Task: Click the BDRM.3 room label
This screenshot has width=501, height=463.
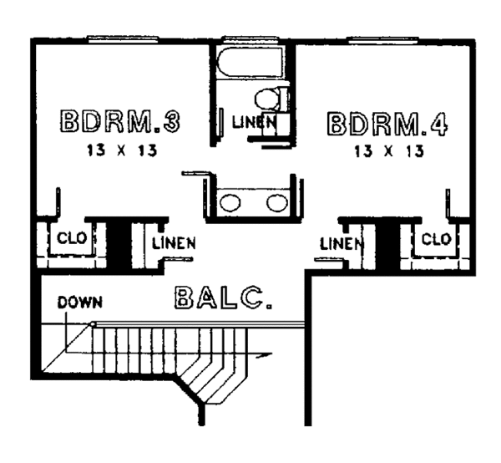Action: click(x=120, y=121)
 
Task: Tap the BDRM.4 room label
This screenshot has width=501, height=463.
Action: click(x=387, y=124)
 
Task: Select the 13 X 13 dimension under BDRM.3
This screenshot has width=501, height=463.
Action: click(x=122, y=150)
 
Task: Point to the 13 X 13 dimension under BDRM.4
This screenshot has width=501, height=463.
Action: click(x=389, y=151)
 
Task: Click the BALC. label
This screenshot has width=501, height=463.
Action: click(x=224, y=298)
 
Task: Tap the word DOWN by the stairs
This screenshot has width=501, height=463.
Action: click(x=80, y=303)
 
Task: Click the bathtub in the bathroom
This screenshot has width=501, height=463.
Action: click(x=250, y=62)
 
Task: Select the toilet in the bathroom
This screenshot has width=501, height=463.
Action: click(x=272, y=99)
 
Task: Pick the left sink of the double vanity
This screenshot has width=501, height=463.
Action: click(x=230, y=203)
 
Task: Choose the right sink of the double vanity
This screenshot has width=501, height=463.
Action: click(x=277, y=203)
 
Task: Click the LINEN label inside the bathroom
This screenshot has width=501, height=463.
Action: click(x=254, y=122)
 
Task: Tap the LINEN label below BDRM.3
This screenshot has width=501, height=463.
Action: click(x=174, y=243)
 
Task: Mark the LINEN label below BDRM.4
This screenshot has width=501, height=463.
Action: click(x=342, y=244)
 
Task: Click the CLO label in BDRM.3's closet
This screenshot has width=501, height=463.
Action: click(x=72, y=238)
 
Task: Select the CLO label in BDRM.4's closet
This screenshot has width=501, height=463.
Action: click(x=436, y=239)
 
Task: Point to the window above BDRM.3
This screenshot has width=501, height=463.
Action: click(x=123, y=39)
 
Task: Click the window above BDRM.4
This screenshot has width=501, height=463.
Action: click(x=383, y=40)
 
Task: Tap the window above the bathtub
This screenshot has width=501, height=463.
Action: click(x=250, y=39)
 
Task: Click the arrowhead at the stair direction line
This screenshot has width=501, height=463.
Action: click(x=265, y=354)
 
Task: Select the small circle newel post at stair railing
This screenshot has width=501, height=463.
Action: click(x=93, y=324)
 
